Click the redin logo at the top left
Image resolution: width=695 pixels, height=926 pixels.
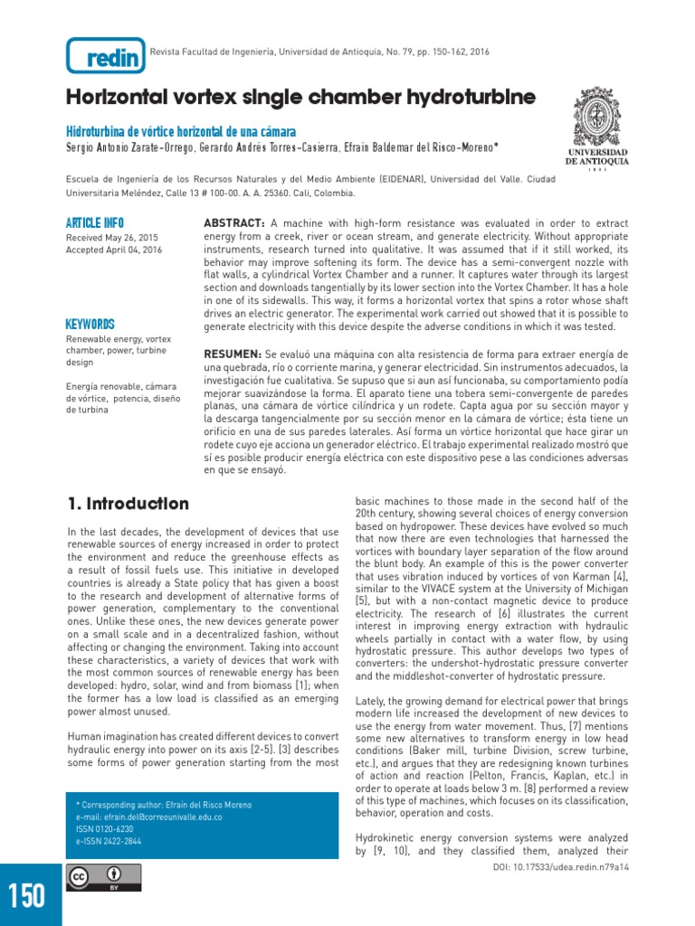pyautogui.click(x=105, y=56)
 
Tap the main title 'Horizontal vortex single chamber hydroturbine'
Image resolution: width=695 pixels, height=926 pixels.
pyautogui.click(x=300, y=98)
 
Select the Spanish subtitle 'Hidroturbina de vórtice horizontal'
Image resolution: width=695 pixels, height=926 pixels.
pyautogui.click(x=181, y=132)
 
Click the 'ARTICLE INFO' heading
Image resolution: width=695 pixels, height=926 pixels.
pyautogui.click(x=95, y=223)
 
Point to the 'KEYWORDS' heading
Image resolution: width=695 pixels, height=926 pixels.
pyautogui.click(x=90, y=324)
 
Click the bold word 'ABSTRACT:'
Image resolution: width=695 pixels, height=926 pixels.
pyautogui.click(x=233, y=223)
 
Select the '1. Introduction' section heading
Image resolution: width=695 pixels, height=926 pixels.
pyautogui.click(x=129, y=504)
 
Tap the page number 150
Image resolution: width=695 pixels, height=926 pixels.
pyautogui.click(x=27, y=895)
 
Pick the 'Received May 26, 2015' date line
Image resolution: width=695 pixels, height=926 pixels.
pyautogui.click(x=112, y=238)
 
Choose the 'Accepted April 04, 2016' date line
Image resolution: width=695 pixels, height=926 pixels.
pyautogui.click(x=114, y=250)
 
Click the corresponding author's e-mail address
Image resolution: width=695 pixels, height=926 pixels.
pyautogui.click(x=149, y=817)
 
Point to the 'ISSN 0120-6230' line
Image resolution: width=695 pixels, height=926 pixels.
pyautogui.click(x=105, y=828)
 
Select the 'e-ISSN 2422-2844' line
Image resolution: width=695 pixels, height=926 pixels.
pyautogui.click(x=109, y=840)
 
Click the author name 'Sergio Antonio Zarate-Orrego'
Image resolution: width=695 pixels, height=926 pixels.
pyautogui.click(x=124, y=147)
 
